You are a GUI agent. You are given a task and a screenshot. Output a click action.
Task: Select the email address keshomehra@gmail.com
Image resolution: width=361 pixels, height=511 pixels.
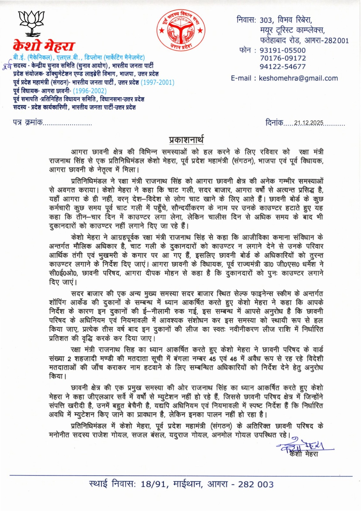pyautogui.click(x=298, y=78)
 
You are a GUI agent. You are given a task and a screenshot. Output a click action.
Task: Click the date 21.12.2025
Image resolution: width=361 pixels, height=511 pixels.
pyautogui.click(x=308, y=123)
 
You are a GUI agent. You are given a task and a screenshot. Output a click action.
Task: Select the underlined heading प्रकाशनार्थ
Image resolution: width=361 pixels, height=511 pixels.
pyautogui.click(x=186, y=140)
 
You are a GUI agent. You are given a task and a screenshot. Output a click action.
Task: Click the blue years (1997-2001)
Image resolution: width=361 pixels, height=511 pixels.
pyautogui.click(x=158, y=83)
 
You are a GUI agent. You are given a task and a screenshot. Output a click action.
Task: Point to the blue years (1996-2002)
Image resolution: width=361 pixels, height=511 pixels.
pyautogui.click(x=90, y=91)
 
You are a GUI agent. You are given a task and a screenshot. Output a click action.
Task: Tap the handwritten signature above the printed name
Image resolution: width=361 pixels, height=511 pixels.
pyautogui.click(x=301, y=446)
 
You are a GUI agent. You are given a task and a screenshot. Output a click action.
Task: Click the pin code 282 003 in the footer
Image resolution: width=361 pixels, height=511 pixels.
pyautogui.click(x=256, y=484)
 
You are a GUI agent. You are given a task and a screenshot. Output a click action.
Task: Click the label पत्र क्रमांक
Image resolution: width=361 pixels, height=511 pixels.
pyautogui.click(x=27, y=123)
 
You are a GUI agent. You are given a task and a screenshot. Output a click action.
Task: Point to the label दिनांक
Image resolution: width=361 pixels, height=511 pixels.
pyautogui.click(x=274, y=123)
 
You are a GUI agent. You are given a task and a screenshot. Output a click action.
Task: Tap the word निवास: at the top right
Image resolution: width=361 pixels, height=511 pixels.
pyautogui.click(x=246, y=20)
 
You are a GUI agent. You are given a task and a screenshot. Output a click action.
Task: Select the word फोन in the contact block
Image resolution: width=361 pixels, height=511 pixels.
pyautogui.click(x=245, y=50)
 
